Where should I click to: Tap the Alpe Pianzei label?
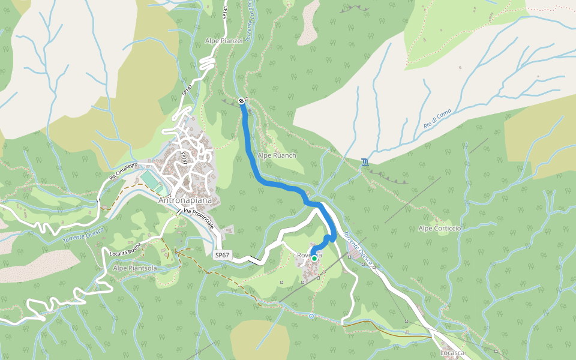[224, 41]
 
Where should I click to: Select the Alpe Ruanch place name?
[277, 155]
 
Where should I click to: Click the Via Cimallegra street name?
[123, 171]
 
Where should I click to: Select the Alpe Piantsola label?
[135, 268]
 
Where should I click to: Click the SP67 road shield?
[222, 255]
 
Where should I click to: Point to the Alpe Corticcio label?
[440, 229]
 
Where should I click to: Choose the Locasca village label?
[452, 353]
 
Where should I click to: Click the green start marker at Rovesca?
[314, 258]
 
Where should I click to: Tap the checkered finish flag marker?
[241, 101]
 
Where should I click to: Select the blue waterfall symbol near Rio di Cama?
[365, 161]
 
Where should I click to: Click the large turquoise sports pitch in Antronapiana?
[148, 179]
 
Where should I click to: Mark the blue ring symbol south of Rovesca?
[311, 316]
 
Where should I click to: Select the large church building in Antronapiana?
[193, 181]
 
